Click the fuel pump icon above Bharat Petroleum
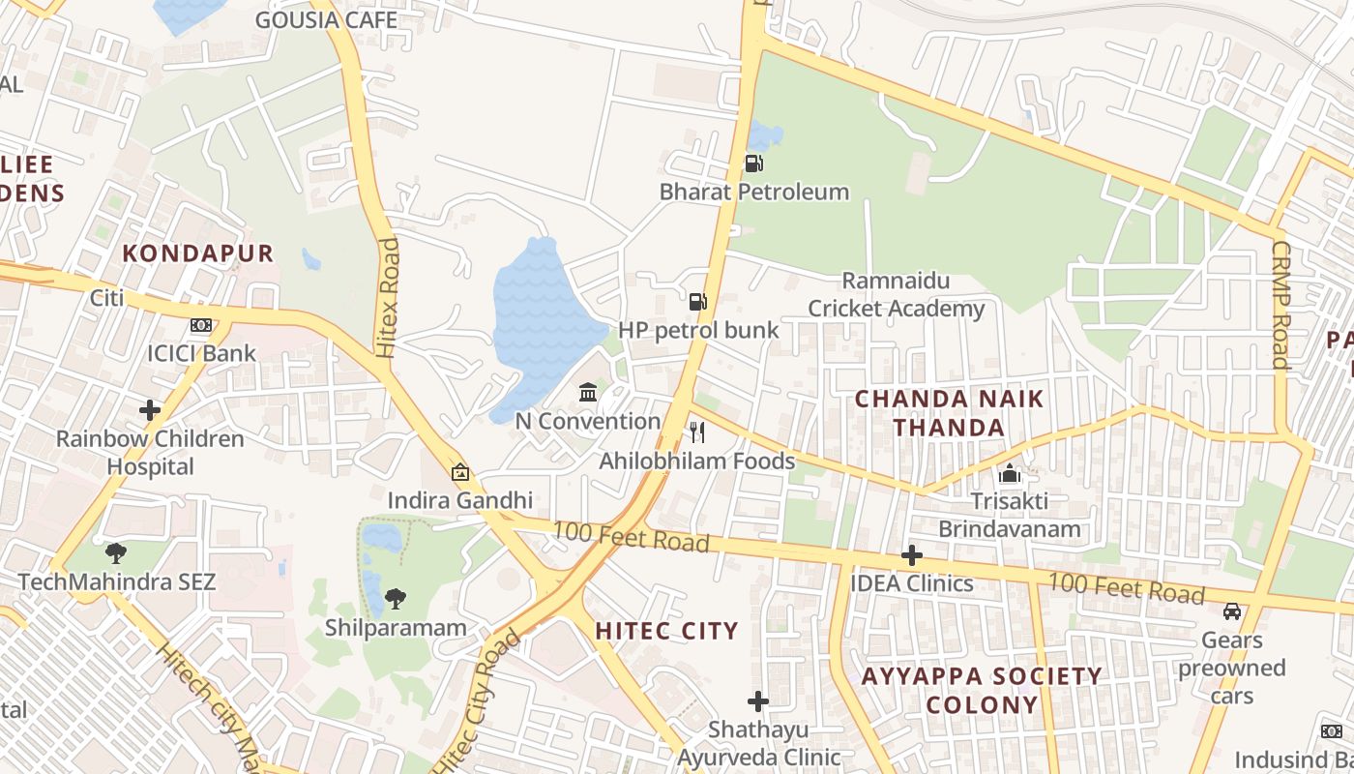click(752, 164)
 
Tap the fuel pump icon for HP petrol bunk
click(697, 302)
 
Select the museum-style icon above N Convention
click(587, 392)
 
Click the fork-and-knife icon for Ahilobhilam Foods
click(696, 432)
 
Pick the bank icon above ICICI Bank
click(201, 325)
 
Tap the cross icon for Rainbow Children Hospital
click(149, 410)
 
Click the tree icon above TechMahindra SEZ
click(116, 553)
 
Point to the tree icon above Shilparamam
click(395, 599)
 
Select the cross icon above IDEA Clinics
click(911, 555)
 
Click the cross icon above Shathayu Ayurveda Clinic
click(758, 700)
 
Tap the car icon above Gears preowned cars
click(1232, 611)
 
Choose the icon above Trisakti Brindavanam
click(1010, 474)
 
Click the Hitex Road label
click(388, 298)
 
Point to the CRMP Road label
click(1281, 305)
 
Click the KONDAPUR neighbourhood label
click(198, 253)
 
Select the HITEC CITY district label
click(666, 631)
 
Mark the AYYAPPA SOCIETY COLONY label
click(981, 690)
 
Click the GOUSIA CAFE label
click(326, 19)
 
